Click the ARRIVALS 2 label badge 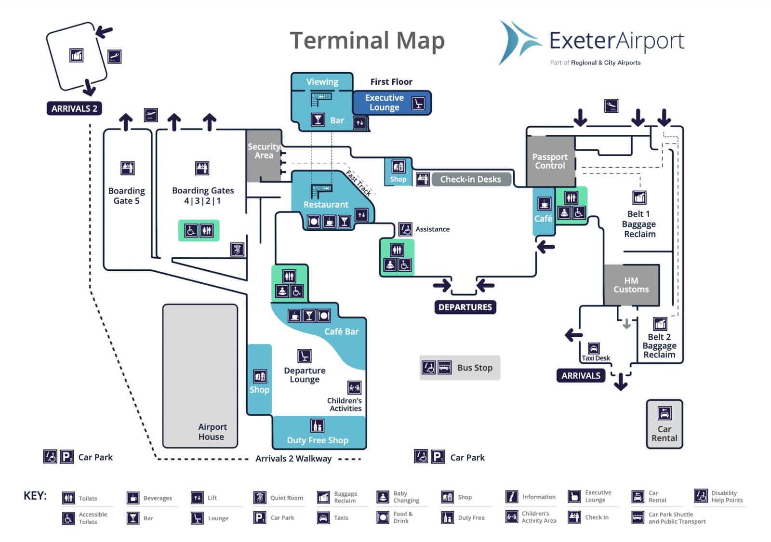pos(74,108)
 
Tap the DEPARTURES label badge pos(465,307)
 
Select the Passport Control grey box pos(550,161)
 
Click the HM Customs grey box pos(631,285)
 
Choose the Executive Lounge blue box pos(391,103)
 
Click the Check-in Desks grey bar pos(471,179)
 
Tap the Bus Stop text pos(475,368)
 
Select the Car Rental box pos(664,424)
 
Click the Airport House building pos(200,376)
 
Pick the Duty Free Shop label pos(318,440)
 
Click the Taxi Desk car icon pos(594,348)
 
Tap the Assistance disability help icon pos(405,229)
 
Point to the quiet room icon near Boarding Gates pos(237,249)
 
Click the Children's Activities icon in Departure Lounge pos(354,387)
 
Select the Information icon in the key pos(511,496)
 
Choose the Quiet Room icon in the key pos(260,498)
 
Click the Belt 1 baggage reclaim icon pos(639,198)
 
